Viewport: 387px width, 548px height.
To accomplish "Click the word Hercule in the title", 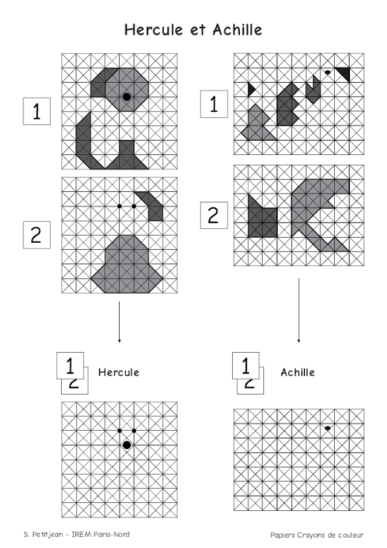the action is pyautogui.click(x=153, y=29).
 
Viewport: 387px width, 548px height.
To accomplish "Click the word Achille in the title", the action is pyautogui.click(x=238, y=29).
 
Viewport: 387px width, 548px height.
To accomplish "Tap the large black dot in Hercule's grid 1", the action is pyautogui.click(x=127, y=97).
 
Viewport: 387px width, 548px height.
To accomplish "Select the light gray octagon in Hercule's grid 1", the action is pyautogui.click(x=127, y=90).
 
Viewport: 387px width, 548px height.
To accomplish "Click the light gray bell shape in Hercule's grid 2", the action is pyautogui.click(x=127, y=264).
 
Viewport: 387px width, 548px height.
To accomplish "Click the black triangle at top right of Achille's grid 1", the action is pyautogui.click(x=344, y=73).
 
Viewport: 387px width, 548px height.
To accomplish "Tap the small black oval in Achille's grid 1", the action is pyautogui.click(x=327, y=72).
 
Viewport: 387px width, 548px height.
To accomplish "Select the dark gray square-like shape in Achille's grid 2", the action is pyautogui.click(x=262, y=218).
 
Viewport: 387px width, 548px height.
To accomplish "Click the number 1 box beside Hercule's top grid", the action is pyautogui.click(x=37, y=111).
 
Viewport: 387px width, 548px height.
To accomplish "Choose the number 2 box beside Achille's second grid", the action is pyautogui.click(x=214, y=215).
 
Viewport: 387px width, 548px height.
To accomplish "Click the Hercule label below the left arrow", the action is pyautogui.click(x=119, y=372).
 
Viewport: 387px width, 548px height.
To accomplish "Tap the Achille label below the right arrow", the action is pyautogui.click(x=298, y=372).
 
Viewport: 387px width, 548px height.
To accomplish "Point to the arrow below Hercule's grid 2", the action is pyautogui.click(x=119, y=322).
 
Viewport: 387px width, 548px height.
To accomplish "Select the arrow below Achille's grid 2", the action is pyautogui.click(x=299, y=310).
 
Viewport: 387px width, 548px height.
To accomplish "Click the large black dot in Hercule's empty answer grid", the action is pyautogui.click(x=127, y=445).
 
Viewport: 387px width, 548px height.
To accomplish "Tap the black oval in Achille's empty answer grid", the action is pyautogui.click(x=327, y=428).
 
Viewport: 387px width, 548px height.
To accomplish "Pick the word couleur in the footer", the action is pyautogui.click(x=351, y=535).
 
